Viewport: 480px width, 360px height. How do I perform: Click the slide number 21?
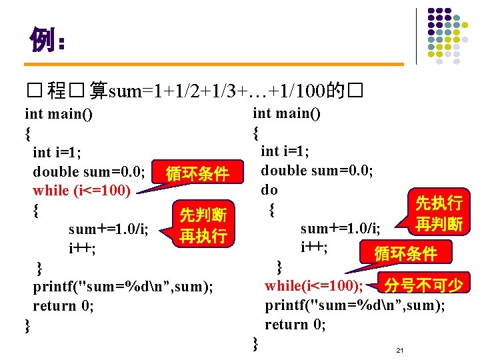400,350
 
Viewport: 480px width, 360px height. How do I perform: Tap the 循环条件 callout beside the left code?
197,175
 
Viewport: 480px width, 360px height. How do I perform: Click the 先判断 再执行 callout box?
203,225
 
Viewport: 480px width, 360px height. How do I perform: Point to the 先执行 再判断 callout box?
439,213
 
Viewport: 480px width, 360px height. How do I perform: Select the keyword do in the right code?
269,190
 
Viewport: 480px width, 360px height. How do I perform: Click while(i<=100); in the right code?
313,286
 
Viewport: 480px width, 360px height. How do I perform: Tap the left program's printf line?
123,287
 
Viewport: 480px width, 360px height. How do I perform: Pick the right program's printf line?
355,305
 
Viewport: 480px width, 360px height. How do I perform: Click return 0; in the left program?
63,306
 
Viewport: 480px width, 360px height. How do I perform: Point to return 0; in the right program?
295,325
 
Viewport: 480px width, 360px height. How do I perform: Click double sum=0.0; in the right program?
317,171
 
